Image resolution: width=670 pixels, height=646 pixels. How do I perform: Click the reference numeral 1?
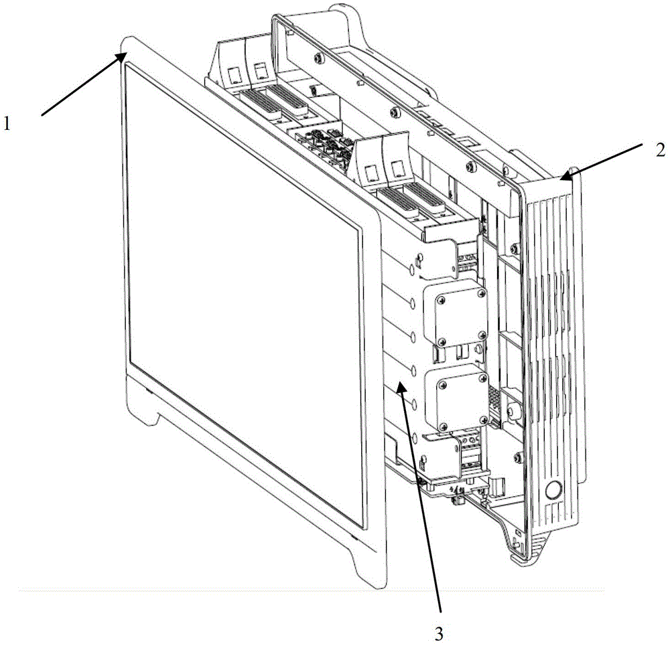click(x=7, y=125)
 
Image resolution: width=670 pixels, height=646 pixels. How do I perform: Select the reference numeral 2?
click(x=660, y=150)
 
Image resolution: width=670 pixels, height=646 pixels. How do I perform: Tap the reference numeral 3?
click(x=440, y=635)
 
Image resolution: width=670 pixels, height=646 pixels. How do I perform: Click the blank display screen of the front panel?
click(x=244, y=295)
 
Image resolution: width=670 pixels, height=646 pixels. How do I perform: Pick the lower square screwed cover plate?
click(x=458, y=398)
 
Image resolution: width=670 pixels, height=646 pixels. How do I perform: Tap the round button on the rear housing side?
click(x=553, y=490)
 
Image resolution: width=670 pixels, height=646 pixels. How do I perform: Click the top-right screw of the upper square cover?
click(x=482, y=293)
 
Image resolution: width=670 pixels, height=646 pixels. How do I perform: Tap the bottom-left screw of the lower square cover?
click(x=443, y=426)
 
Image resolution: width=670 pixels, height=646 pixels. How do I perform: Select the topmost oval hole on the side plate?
click(x=412, y=270)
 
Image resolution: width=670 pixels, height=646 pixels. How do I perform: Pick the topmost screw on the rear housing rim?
click(x=318, y=57)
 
